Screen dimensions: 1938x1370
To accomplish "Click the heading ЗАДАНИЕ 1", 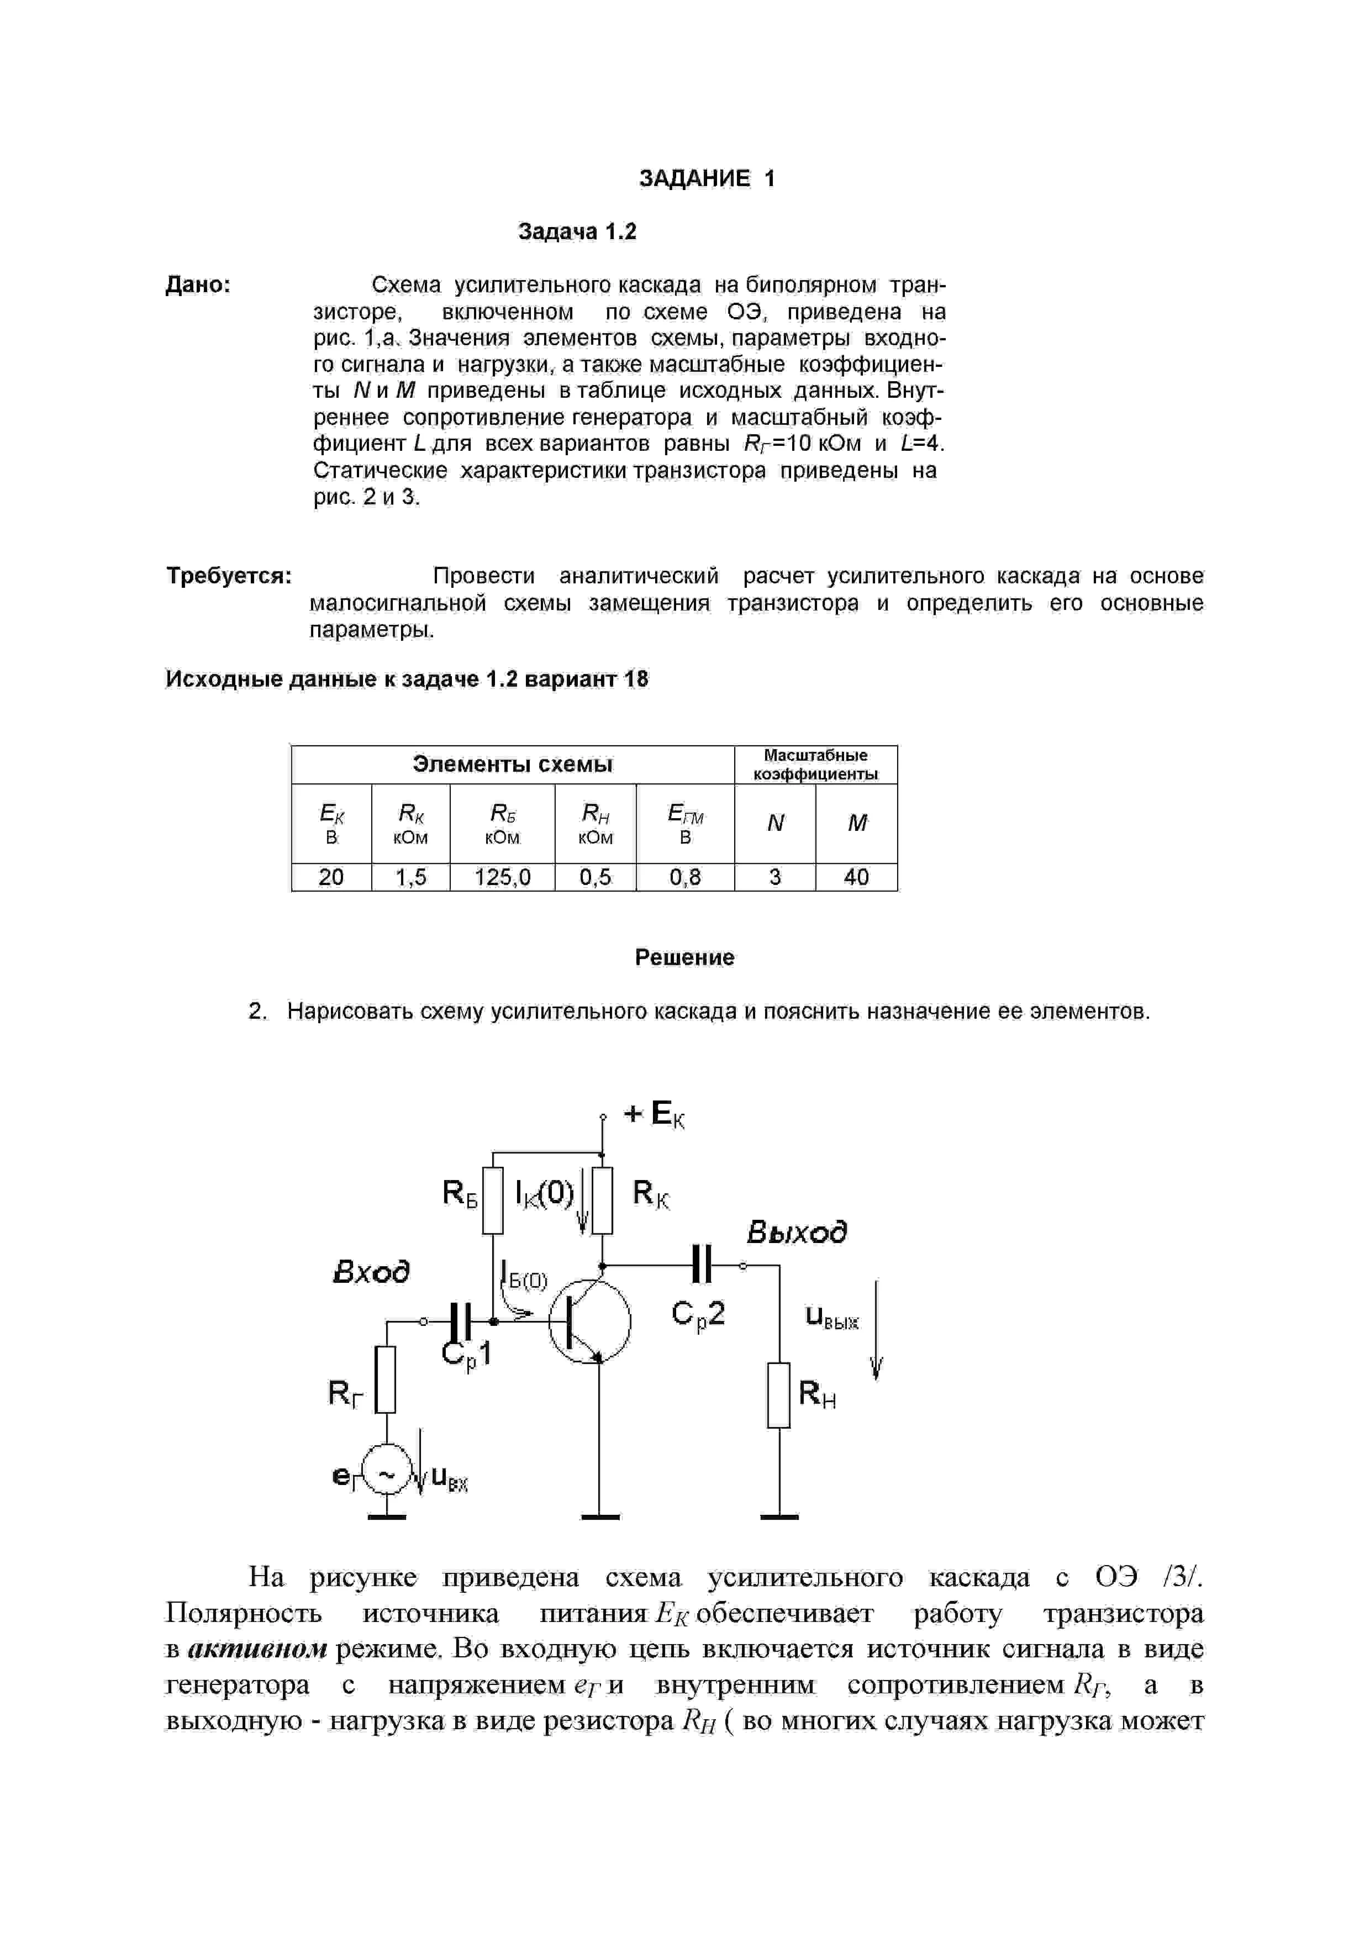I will click(707, 178).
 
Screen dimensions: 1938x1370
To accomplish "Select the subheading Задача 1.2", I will click(577, 231).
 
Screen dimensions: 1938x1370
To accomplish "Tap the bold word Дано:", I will click(198, 285).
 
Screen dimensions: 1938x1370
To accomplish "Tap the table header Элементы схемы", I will click(513, 764).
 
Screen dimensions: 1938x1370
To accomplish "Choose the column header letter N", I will click(775, 823).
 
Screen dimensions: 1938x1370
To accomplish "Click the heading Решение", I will click(684, 957).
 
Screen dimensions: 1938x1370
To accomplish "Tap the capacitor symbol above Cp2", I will click(702, 1265).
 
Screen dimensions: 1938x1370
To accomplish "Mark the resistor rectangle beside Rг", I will click(386, 1379).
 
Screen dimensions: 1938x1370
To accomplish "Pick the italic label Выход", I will click(797, 1233).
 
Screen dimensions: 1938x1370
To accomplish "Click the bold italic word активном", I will click(257, 1649).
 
